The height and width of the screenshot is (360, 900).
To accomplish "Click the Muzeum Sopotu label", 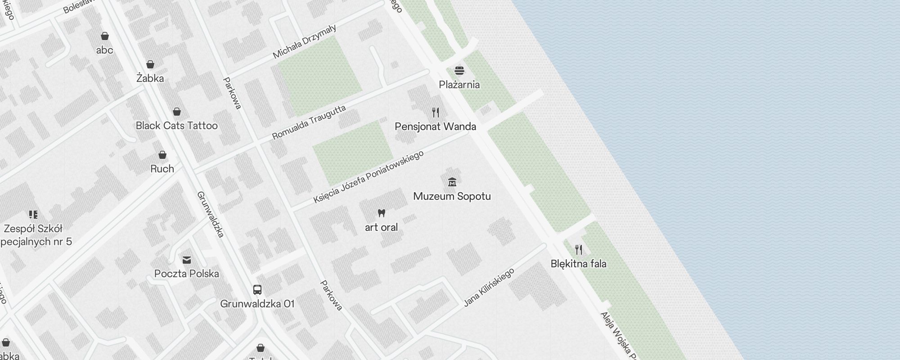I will [x=452, y=196].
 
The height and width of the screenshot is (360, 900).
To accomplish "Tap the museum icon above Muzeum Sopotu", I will [x=452, y=182].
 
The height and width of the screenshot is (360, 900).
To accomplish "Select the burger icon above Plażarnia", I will [x=459, y=71].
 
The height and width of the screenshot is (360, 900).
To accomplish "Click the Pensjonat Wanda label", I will [x=435, y=126].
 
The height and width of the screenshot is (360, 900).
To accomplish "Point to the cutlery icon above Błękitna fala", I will [x=579, y=249].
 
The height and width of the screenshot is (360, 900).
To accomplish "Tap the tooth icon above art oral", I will [x=382, y=213].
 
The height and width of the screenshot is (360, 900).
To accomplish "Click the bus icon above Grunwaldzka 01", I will [x=257, y=289].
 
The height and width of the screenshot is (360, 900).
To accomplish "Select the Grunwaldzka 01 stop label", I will [x=257, y=304].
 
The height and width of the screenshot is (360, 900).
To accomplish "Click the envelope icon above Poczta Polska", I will [x=187, y=260].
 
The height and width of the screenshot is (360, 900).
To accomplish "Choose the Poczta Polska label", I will [x=187, y=274].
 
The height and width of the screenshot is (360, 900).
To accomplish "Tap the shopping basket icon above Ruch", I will [x=162, y=155].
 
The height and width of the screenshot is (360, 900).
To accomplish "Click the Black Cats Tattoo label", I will [x=177, y=126].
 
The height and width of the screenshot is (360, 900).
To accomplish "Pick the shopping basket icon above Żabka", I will [x=150, y=64].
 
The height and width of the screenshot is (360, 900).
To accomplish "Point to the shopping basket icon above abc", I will [x=105, y=36].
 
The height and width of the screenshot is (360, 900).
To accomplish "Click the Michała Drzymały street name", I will [x=305, y=41].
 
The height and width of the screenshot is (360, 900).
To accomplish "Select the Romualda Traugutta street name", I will [x=309, y=122].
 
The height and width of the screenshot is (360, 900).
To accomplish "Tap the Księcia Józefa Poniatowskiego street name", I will [x=369, y=176].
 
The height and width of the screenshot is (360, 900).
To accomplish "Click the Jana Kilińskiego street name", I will [x=489, y=288].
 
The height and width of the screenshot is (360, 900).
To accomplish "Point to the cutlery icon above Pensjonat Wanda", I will [x=435, y=112].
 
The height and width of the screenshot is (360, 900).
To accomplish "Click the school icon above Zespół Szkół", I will [x=33, y=214].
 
